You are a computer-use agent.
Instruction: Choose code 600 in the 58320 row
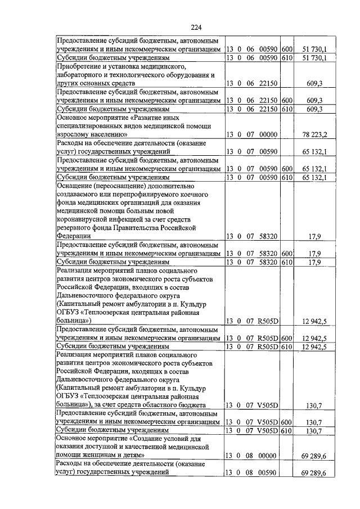point(287,254)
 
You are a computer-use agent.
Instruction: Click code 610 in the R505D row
point(287,346)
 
